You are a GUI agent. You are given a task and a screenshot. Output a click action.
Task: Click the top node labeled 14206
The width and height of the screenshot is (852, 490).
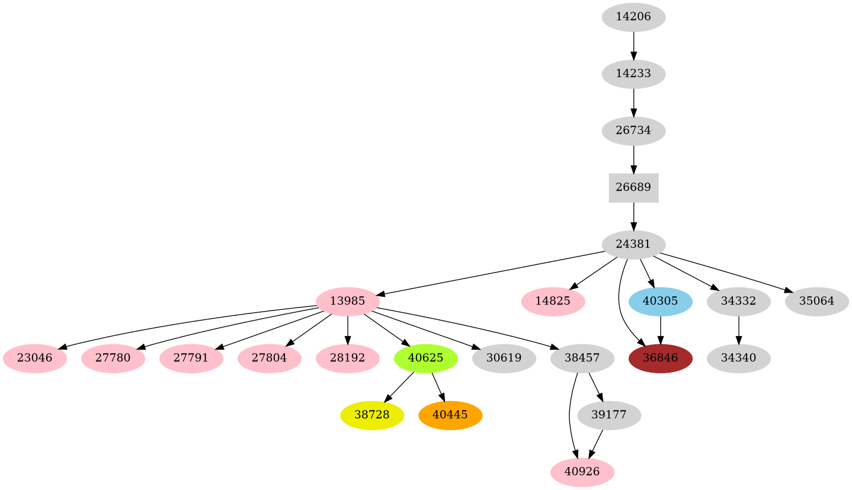point(633,17)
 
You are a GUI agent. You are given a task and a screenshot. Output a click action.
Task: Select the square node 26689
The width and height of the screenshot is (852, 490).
point(633,187)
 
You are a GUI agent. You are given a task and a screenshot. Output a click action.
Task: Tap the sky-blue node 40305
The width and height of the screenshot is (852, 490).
point(660,301)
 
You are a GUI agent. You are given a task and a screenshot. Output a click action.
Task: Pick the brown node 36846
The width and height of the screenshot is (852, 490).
point(660,358)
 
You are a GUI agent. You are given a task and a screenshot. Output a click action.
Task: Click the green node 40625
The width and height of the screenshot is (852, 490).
point(425,358)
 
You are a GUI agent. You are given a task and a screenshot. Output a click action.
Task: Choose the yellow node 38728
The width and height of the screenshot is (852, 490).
point(371,415)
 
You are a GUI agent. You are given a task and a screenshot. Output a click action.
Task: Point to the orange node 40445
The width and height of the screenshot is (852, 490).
point(450,415)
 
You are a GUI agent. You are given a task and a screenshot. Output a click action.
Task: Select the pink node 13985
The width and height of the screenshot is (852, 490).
point(347,301)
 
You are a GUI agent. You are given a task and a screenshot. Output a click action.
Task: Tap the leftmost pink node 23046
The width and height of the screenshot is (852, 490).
point(34,358)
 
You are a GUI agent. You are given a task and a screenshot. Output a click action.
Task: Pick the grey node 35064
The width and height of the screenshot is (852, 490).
point(816,301)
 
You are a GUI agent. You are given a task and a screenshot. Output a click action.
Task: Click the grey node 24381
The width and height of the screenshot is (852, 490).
point(633,244)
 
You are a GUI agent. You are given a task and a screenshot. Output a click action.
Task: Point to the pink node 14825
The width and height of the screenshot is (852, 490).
point(553,301)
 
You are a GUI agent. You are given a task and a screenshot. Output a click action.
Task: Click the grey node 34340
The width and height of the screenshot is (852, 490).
point(738,358)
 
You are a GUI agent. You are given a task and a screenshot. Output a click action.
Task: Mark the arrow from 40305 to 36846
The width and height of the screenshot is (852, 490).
point(660,329)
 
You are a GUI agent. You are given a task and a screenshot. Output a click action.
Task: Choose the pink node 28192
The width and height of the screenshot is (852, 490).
point(347,358)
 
